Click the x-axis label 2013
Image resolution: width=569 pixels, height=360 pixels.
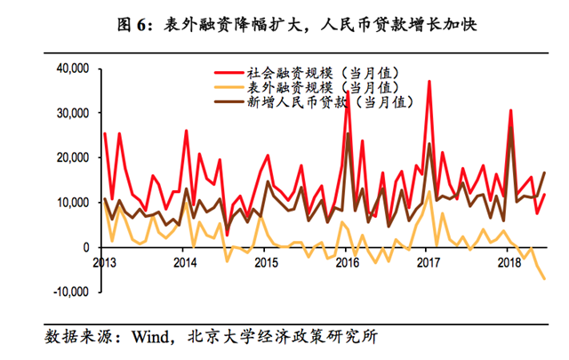coord(104,263)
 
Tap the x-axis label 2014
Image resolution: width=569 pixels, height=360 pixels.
coord(185,263)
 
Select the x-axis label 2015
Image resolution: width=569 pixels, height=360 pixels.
coord(266,263)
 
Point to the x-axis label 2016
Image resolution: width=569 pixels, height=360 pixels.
coord(348,263)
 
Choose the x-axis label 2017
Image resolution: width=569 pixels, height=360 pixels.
coord(429,263)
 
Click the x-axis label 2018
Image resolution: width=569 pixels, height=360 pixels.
coord(510,263)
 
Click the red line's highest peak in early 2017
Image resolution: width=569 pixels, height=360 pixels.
coord(429,81)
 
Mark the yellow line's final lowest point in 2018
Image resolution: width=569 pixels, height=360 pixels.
coord(543,279)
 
